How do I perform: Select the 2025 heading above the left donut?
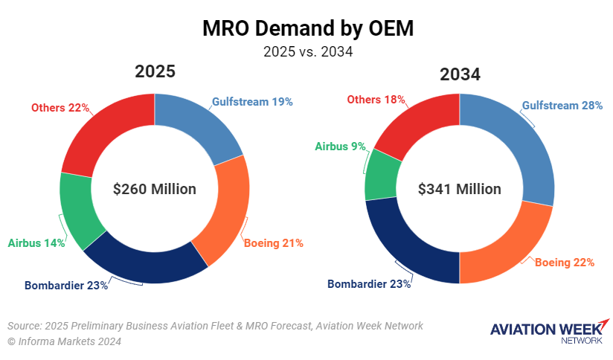[155, 72]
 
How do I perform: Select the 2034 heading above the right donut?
[460, 74]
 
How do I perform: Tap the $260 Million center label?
[155, 189]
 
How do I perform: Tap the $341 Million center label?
[460, 189]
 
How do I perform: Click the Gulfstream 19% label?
[252, 101]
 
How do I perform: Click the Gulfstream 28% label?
[562, 106]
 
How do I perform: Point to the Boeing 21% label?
[274, 242]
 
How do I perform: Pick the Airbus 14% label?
[36, 242]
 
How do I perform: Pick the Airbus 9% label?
[341, 147]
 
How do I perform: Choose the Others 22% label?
[60, 108]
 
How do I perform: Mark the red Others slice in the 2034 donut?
[417, 126]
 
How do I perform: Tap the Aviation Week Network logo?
[549, 332]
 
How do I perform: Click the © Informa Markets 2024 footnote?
[64, 341]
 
